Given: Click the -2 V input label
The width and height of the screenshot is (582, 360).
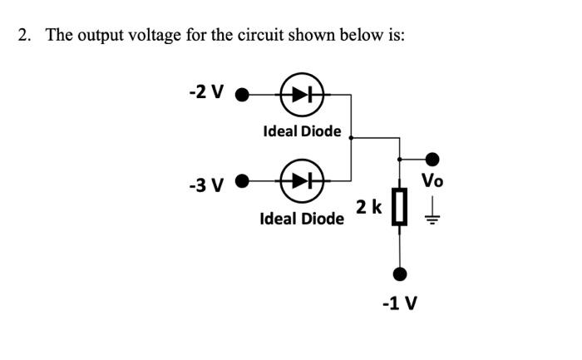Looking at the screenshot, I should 207,92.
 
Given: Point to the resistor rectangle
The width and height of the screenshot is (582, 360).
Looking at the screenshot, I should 401,207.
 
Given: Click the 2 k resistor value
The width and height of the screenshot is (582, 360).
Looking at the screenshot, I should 368,206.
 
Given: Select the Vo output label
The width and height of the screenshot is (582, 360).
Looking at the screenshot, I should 432,180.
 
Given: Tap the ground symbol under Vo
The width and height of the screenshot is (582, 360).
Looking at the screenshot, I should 432,217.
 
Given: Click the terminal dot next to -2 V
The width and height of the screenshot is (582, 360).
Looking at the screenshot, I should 242,94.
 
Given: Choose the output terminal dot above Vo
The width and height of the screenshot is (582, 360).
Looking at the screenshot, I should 432,158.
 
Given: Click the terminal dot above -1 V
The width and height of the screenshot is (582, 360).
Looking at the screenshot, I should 401,274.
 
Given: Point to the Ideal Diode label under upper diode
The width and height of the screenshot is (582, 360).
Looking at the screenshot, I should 302,131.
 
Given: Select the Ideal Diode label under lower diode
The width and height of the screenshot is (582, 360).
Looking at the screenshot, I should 302,219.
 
